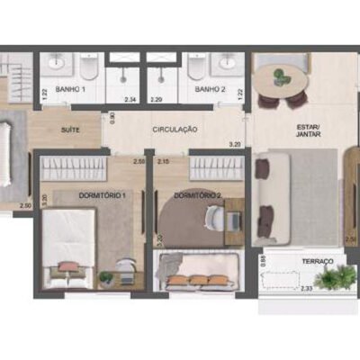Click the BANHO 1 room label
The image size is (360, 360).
pos(69,90)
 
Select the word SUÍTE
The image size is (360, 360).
pos(70,130)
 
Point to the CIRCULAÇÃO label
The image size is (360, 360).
pos(175,130)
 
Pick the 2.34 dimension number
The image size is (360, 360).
pos(130,99)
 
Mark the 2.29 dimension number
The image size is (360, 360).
pos(157,99)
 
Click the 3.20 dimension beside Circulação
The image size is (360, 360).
pos(236,143)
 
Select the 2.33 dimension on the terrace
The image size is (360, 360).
pos(307,288)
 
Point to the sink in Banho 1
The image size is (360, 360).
pos(56,64)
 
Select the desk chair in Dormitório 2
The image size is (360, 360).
pos(216,217)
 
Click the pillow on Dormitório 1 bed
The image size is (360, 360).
pos(67,267)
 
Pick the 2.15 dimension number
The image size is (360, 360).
pos(164,161)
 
